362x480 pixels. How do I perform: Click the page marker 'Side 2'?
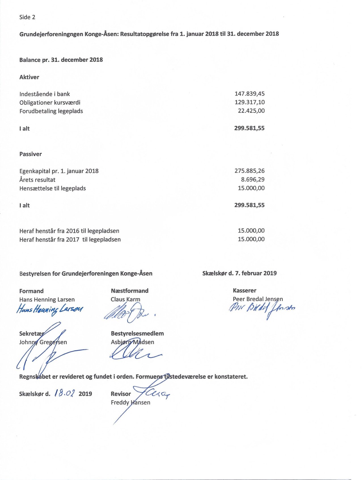tap(27, 17)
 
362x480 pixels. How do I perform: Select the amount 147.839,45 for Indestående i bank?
tap(249, 94)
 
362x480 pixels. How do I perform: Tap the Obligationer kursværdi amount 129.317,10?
tap(249, 102)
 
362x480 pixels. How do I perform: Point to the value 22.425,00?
tap(251, 111)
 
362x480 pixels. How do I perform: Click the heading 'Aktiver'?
tap(29, 77)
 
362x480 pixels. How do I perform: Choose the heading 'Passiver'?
tap(30, 154)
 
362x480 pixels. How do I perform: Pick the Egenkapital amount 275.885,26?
tap(249, 171)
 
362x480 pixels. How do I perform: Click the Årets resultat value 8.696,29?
tap(253, 179)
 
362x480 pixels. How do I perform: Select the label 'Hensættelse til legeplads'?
tap(52, 188)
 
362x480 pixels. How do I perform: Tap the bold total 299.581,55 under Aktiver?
tap(249, 128)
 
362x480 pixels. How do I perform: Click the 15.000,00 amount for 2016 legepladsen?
tap(251, 231)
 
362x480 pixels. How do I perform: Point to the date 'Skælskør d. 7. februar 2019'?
tap(239, 273)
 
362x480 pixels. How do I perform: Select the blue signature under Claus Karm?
tap(128, 312)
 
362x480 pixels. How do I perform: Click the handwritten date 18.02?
tap(65, 393)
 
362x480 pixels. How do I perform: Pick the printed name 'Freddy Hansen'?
tap(130, 402)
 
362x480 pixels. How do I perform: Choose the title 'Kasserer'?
tap(244, 290)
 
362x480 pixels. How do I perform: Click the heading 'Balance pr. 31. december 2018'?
tap(61, 60)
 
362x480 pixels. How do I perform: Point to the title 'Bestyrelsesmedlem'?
tap(137, 333)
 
